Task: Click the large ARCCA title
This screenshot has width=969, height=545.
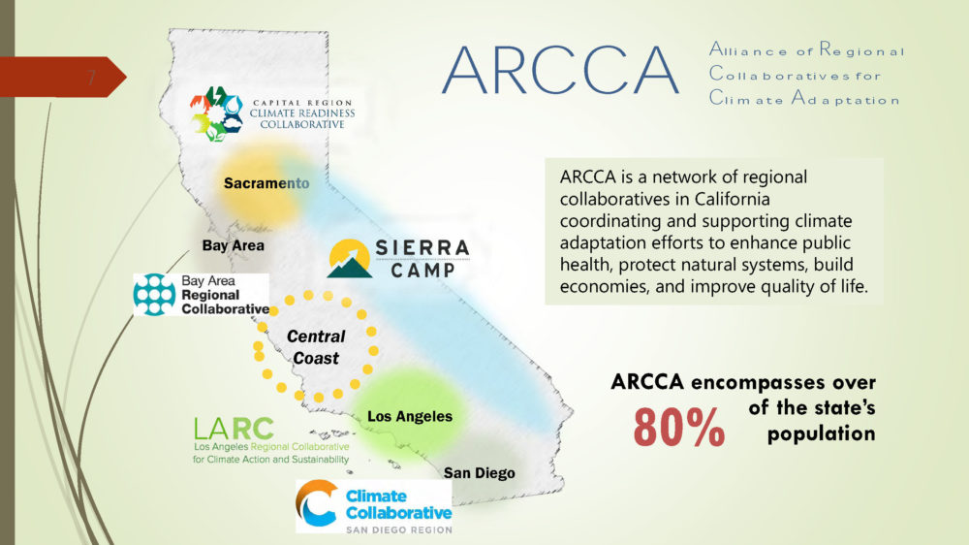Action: (x=560, y=70)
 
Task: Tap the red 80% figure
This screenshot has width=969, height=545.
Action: (x=678, y=427)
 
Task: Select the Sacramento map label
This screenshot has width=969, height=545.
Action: (x=266, y=183)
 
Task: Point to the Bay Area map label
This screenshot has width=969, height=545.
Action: (x=233, y=245)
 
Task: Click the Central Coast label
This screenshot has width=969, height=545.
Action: (x=316, y=347)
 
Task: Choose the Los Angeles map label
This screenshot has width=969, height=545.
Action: (x=410, y=416)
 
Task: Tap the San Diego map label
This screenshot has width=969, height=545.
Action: (x=479, y=473)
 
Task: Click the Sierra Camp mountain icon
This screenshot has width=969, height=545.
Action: (x=350, y=258)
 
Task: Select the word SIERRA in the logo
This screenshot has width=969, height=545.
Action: (x=422, y=248)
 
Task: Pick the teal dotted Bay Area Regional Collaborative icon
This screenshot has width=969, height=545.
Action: (x=154, y=295)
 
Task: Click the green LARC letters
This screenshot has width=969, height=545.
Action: (x=234, y=429)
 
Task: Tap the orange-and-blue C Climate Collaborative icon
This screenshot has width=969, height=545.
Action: (x=317, y=503)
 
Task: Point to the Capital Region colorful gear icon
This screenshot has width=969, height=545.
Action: (x=216, y=113)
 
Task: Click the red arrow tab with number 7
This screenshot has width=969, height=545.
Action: (x=63, y=78)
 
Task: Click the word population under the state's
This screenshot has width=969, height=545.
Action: (x=822, y=433)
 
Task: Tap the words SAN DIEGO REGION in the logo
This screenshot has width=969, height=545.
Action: (x=398, y=529)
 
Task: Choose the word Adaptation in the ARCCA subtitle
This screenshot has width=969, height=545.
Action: (x=845, y=99)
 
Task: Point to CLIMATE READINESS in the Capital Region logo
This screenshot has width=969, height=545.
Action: (x=302, y=113)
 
